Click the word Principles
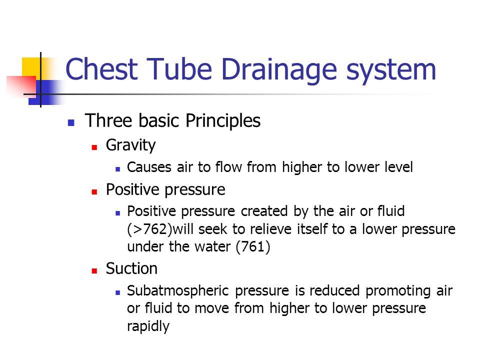[x=223, y=120]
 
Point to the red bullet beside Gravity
[x=94, y=147]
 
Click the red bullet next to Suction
[x=94, y=271]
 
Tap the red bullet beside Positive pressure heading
[x=94, y=192]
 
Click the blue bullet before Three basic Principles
[x=71, y=123]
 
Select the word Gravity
[x=130, y=145]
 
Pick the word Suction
[x=131, y=268]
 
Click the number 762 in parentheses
[x=154, y=229]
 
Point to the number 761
[x=253, y=246]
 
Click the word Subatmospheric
[x=178, y=291]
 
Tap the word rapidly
[x=148, y=326]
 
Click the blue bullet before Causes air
[x=118, y=169]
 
